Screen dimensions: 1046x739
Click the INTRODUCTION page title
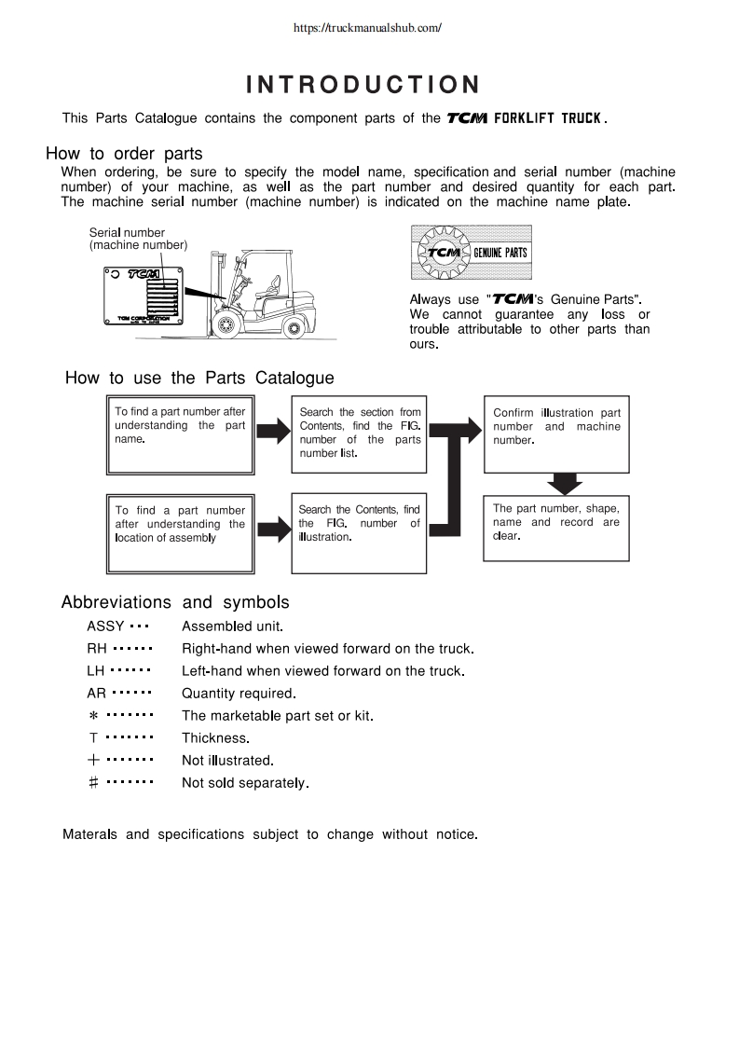click(363, 86)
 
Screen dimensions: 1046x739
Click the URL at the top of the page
click(366, 28)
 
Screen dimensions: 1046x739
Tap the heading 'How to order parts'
click(124, 154)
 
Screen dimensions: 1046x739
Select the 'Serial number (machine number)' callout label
click(138, 239)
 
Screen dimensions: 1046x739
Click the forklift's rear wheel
click(294, 327)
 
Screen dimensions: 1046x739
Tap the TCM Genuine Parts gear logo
click(471, 253)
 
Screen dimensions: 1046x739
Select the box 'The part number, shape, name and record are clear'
click(556, 529)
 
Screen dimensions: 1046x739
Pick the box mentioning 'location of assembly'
click(180, 532)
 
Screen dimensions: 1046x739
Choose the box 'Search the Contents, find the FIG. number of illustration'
click(359, 532)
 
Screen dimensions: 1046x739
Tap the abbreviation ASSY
click(105, 626)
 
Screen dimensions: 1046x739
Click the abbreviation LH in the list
click(97, 670)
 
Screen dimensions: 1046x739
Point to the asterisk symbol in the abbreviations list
click(93, 716)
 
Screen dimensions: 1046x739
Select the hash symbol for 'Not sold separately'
click(93, 783)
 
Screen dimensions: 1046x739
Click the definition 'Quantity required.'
click(239, 693)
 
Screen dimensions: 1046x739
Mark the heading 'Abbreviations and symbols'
click(175, 601)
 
